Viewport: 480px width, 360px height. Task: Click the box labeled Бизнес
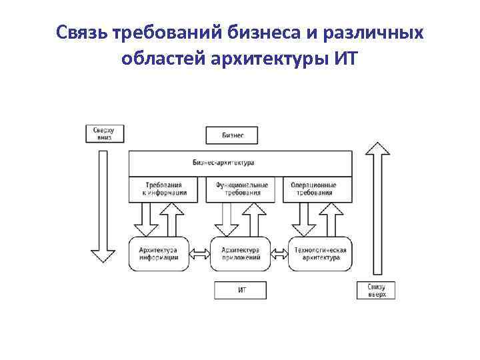click(231, 135)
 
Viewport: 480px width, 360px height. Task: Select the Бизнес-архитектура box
click(240, 163)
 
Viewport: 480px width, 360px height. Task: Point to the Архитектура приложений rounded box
click(239, 253)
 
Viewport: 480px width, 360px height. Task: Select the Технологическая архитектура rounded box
click(320, 253)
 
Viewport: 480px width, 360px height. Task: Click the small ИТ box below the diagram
click(240, 290)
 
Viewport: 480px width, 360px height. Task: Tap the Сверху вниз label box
click(103, 133)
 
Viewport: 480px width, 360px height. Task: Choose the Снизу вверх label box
click(377, 290)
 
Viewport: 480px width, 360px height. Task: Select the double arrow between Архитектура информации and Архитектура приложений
click(199, 253)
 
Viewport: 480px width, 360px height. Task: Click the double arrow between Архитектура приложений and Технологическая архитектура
click(279, 253)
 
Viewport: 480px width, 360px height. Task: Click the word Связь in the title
click(83, 33)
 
